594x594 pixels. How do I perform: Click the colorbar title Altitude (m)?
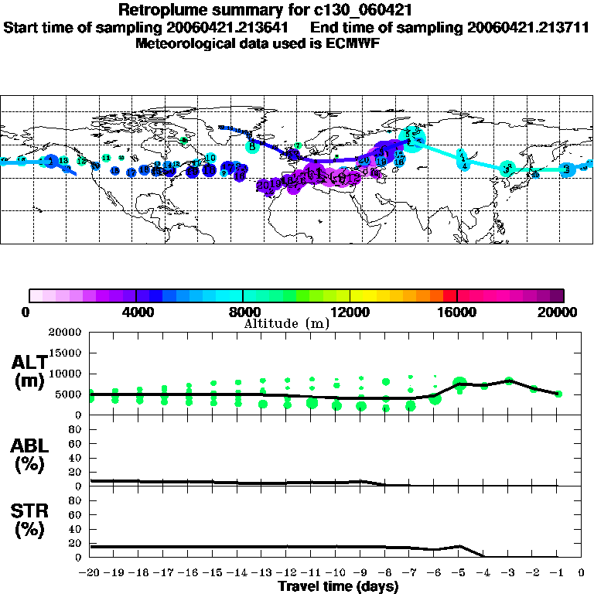tap(286, 323)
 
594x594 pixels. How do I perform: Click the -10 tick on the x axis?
tap(336, 574)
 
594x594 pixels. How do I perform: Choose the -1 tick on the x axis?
tap(557, 574)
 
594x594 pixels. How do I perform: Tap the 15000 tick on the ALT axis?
tap(67, 353)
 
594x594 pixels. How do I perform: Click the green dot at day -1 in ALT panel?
tap(558, 394)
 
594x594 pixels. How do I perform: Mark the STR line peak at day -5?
tap(459, 546)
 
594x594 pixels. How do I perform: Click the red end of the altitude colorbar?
tap(450, 295)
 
